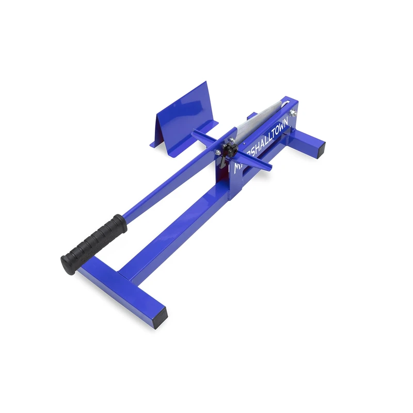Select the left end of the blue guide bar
195,134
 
